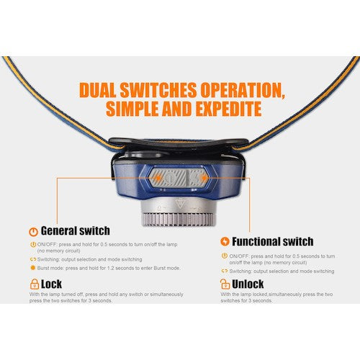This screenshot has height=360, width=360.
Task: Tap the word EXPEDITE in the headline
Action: point(221,109)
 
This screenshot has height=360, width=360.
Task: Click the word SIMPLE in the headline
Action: point(136,109)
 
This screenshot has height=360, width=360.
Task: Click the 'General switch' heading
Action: point(76,231)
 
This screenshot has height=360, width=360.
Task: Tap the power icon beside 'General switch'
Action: point(33,232)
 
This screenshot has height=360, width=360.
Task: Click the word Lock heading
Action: point(52,284)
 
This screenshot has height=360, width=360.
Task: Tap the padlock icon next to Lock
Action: point(33,284)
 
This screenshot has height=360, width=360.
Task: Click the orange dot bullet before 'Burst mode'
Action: point(32,268)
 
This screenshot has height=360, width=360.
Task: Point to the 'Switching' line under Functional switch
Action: point(281,271)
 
